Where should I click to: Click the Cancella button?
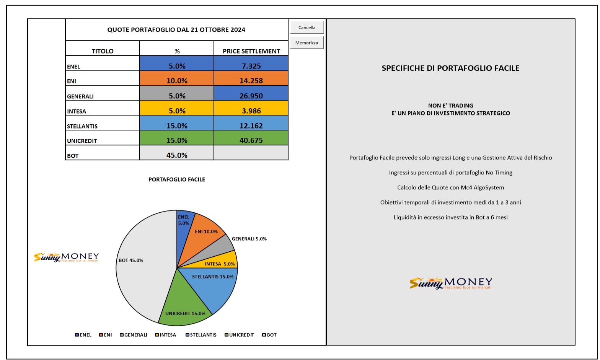pos(307,27)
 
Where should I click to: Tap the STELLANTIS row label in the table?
pos(82,126)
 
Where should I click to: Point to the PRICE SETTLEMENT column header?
pos(251,51)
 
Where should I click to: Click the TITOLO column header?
pos(103,51)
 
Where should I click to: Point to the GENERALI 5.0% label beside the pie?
pos(249,239)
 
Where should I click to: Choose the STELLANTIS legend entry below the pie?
pos(201,335)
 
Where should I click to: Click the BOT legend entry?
pos(269,335)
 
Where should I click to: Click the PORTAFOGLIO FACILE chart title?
pos(177,179)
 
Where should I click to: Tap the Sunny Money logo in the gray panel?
pos(451,283)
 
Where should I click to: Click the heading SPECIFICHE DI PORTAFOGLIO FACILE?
pos(450,68)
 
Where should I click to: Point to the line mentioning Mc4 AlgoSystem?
pos(450,187)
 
